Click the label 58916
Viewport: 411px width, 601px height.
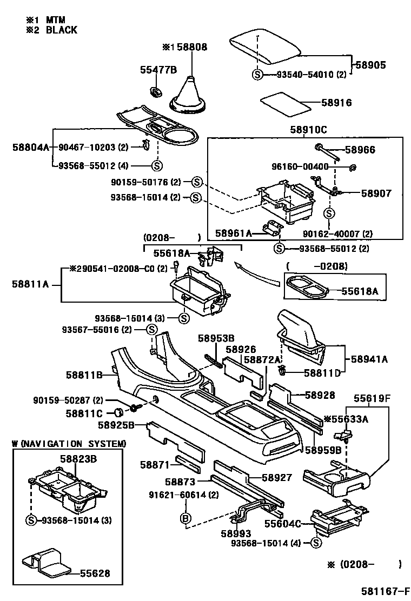coord(336,103)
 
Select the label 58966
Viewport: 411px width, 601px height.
coord(360,150)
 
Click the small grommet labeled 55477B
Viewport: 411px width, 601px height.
coord(156,91)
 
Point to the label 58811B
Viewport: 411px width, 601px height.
coord(84,374)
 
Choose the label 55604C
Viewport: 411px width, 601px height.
coord(282,523)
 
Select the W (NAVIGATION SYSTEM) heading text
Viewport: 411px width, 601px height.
coord(69,444)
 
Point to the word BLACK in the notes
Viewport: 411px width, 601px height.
coord(61,30)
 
